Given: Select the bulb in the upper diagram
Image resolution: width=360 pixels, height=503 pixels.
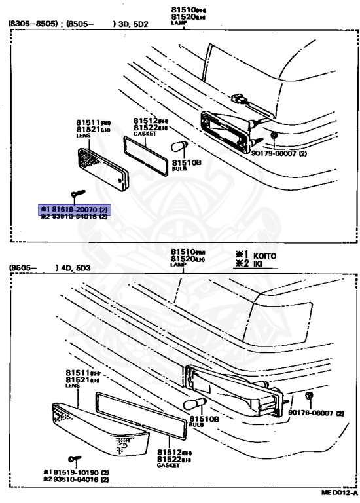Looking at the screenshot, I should [x=179, y=147].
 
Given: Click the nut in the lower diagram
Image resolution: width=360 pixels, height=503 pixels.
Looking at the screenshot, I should [x=308, y=398].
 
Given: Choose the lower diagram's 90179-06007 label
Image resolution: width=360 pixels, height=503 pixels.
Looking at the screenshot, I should [x=320, y=413].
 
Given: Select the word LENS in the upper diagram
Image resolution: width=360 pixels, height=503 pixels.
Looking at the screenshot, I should [x=81, y=135].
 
